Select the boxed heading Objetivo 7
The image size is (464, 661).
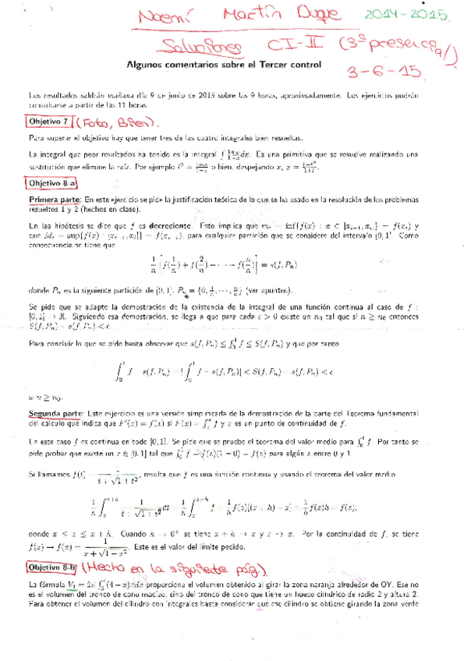(x=51, y=122)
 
